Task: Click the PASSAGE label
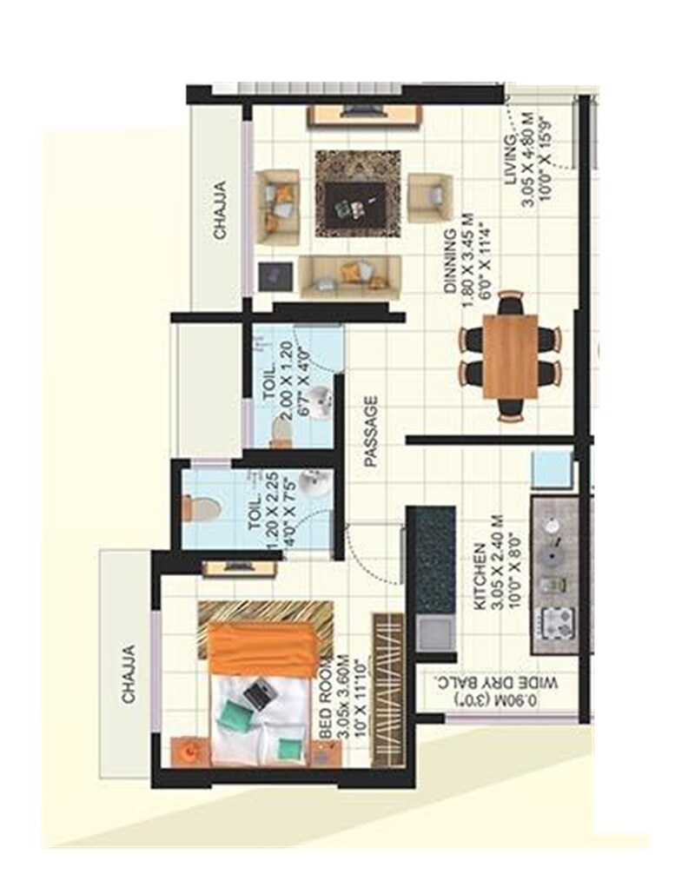(372, 433)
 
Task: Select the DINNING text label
(450, 264)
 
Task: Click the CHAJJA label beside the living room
(221, 209)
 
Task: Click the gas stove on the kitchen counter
(553, 624)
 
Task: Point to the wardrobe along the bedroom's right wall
(387, 690)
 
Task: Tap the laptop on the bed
(258, 692)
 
